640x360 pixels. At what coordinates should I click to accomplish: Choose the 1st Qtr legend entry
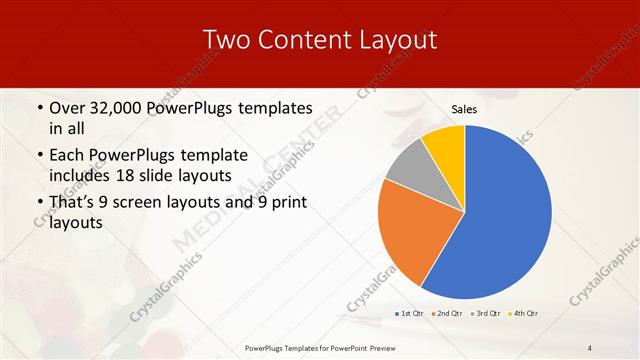tap(408, 314)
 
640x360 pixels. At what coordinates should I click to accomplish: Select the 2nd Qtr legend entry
tap(447, 314)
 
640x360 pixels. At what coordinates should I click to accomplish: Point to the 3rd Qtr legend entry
tap(486, 314)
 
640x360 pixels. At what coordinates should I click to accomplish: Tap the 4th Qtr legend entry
tap(524, 314)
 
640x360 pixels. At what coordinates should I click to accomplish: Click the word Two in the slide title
tap(226, 40)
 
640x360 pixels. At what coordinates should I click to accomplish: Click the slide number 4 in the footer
tap(589, 347)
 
